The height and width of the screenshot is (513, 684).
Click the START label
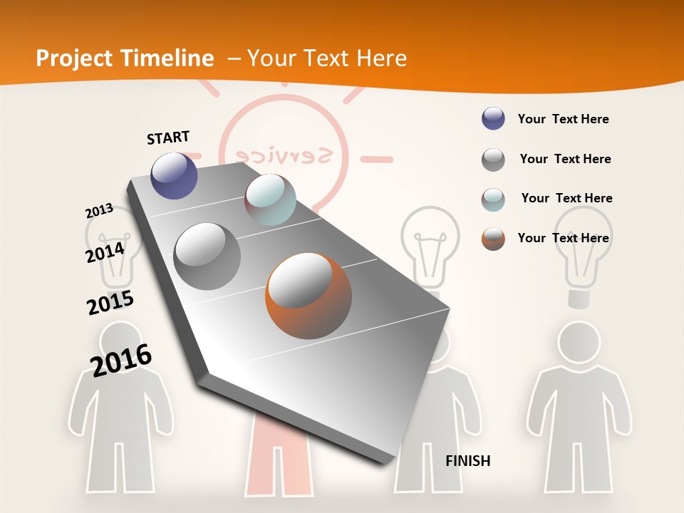coord(168,138)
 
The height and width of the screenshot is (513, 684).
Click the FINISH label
coord(468,461)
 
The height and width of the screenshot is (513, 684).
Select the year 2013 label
coord(99,211)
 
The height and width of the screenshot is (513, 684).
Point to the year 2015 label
coord(110,302)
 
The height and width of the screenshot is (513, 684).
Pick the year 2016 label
coord(121,360)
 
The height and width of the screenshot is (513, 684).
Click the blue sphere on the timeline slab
coord(174,175)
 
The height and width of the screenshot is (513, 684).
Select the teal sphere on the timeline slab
coord(270,199)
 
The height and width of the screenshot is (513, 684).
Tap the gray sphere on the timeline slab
coord(207,256)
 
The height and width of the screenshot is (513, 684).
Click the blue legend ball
coord(493,119)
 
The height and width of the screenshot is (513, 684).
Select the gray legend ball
coord(493,160)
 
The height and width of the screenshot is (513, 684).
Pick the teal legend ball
coord(493,199)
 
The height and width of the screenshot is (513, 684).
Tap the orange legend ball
coord(493,239)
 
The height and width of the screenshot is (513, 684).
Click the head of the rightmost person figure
coord(579,342)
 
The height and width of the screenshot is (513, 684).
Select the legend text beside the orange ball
coord(563,238)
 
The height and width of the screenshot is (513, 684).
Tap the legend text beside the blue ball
coord(563,119)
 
